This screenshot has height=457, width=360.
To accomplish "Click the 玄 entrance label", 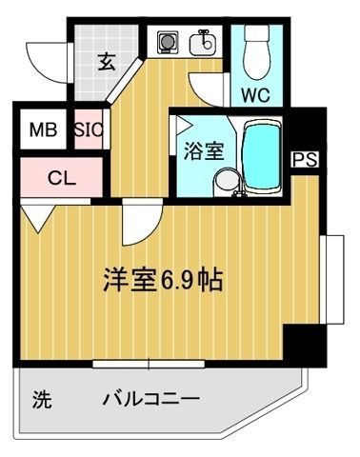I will pos(106,64).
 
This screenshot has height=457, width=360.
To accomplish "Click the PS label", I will pos(305,158).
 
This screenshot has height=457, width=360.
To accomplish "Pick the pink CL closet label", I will pos(60,176).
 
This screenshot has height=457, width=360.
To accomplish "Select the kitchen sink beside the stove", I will pos(203,42).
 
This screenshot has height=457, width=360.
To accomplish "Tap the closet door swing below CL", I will pos(38,217).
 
